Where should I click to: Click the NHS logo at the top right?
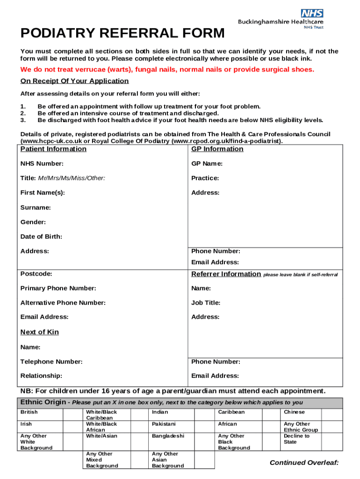(312, 13)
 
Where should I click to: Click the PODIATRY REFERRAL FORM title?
(122, 34)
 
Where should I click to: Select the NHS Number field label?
(42, 164)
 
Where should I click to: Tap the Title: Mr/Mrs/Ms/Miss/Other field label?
(63, 178)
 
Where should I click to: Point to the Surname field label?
(36, 207)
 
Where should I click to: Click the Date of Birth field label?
(41, 237)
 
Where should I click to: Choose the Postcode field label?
(36, 274)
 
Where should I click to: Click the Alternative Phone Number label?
(63, 303)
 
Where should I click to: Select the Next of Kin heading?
(40, 332)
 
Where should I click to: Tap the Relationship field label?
(41, 376)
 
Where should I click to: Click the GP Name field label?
(207, 164)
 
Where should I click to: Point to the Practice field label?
(205, 178)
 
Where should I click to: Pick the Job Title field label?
(206, 303)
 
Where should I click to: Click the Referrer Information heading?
(226, 274)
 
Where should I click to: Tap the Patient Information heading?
(53, 149)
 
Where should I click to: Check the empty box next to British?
(72, 414)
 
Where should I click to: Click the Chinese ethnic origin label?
(294, 412)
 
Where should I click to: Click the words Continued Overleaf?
(304, 463)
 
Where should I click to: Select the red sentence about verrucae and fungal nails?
(167, 70)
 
